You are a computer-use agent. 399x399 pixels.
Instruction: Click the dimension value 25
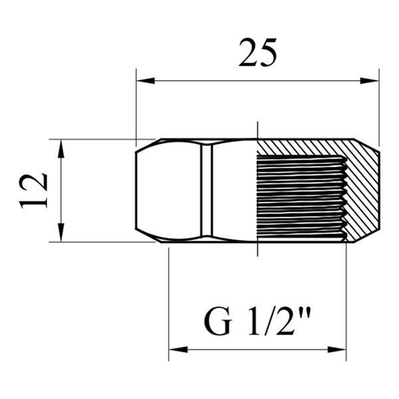click(x=257, y=53)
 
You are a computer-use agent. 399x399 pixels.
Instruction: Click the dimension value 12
click(x=33, y=191)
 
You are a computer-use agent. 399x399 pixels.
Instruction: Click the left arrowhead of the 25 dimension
click(x=145, y=81)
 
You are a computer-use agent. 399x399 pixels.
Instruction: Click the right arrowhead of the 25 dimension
click(x=370, y=81)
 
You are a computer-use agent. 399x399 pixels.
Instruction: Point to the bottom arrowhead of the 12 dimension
click(x=61, y=233)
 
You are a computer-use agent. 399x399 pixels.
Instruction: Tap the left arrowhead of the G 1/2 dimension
click(x=178, y=349)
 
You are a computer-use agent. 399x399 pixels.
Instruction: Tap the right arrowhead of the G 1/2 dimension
click(x=336, y=349)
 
